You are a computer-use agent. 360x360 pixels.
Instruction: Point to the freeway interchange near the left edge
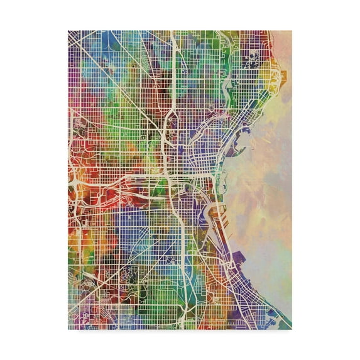click(75, 183)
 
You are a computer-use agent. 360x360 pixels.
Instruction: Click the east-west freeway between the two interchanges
click(119, 182)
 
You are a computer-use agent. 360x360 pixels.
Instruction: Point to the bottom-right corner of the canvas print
click(292, 329)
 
